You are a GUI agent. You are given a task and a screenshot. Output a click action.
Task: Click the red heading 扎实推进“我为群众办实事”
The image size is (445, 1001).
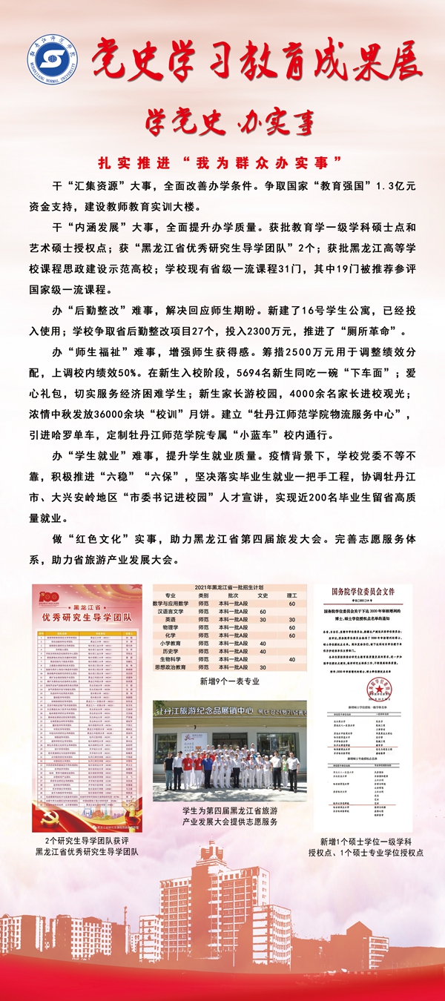pyautogui.click(x=222, y=160)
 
